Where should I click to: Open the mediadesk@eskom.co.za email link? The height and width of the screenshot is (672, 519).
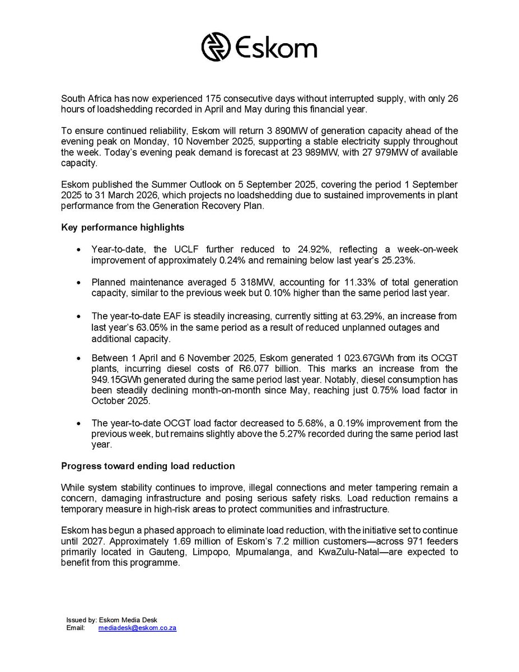click(x=137, y=628)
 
